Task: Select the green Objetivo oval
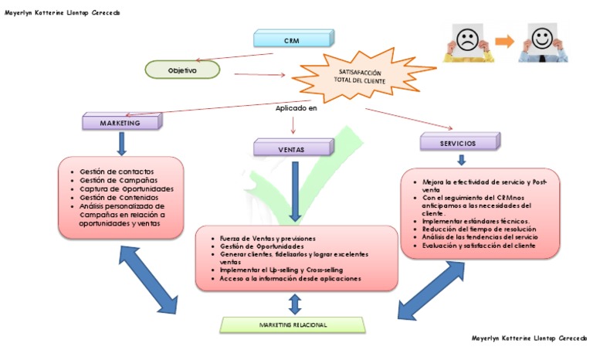point(182,70)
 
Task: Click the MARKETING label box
point(120,122)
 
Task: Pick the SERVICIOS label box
point(459,143)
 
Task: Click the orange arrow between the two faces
point(506,41)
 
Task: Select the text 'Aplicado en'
point(296,108)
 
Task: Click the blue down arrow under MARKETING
point(121,143)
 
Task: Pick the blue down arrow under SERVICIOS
point(461,160)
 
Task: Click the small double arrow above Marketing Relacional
point(294,303)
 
